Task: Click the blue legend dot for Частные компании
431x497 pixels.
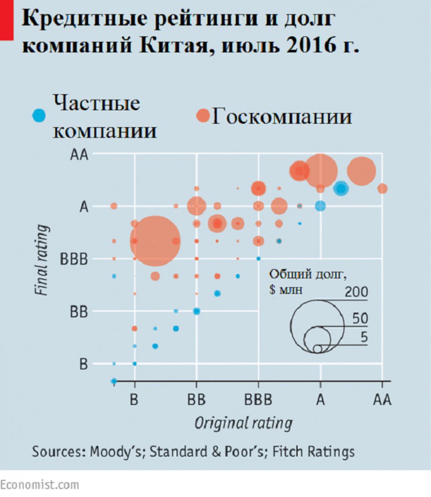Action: [39, 115]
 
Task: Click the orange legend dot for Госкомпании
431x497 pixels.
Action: [203, 115]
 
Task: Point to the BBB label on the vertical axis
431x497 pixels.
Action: [74, 259]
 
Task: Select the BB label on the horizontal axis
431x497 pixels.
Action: [196, 400]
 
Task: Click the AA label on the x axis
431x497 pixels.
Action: [382, 400]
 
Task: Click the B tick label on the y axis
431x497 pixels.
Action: [83, 364]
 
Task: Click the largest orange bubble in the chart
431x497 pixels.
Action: [155, 241]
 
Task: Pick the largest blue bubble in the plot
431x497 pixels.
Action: [341, 188]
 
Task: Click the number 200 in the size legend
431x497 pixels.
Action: [356, 292]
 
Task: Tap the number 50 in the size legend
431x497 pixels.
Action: [360, 319]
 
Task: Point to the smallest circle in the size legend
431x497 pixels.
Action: [317, 349]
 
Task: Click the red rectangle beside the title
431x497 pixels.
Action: [6, 20]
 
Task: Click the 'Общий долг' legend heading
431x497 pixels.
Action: [308, 274]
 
